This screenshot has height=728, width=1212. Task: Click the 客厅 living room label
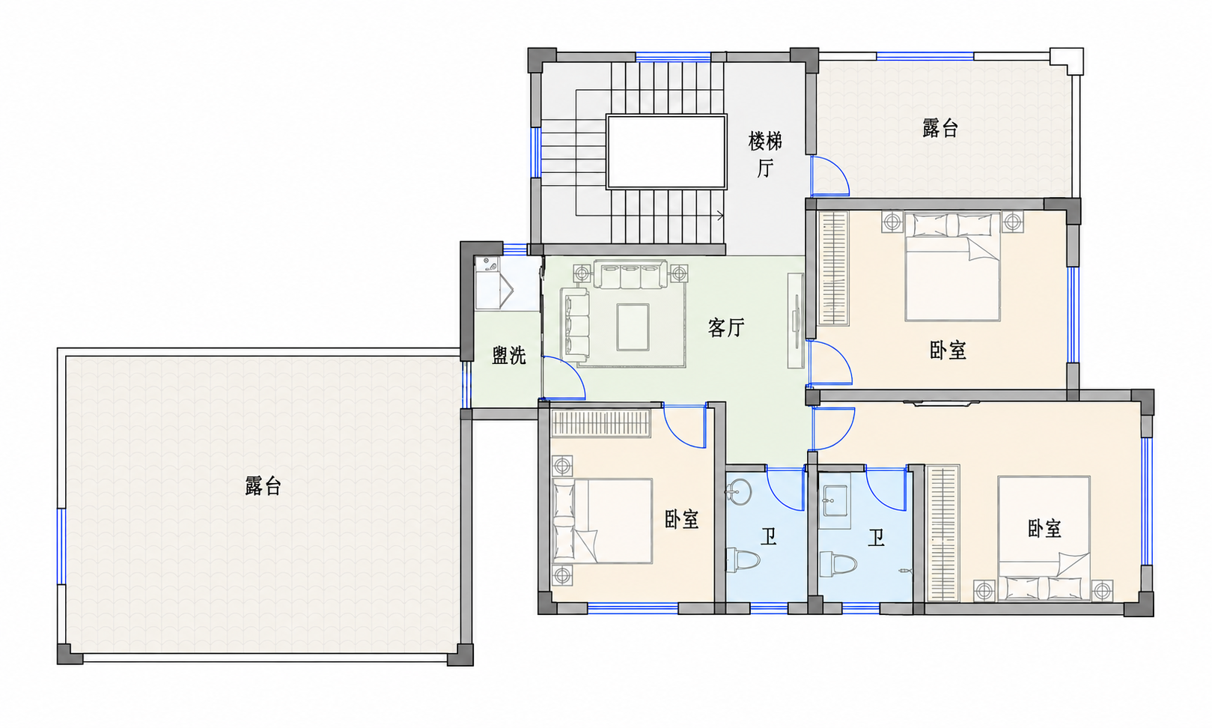pos(726,327)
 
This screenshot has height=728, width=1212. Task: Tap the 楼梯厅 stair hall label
pos(765,154)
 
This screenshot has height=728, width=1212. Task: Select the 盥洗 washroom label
pos(508,356)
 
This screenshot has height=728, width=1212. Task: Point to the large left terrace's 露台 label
pos(263,485)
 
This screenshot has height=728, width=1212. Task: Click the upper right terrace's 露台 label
pos(940,128)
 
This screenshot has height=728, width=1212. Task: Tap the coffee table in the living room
pos(633,327)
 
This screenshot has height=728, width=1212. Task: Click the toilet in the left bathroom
pos(743,559)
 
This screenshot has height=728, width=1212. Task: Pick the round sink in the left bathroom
pos(739,491)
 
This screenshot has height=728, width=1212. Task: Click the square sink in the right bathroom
pos(835,500)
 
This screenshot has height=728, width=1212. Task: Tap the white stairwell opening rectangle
pos(666,152)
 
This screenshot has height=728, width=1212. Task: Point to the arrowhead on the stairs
pos(721,216)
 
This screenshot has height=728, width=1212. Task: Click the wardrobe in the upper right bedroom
pos(833,268)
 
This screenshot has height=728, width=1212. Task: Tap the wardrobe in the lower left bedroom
pos(600,423)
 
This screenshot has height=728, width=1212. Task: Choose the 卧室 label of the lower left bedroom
pos(682,519)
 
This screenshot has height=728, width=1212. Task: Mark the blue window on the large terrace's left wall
pos(61,546)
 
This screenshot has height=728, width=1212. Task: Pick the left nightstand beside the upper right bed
pos(892,222)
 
